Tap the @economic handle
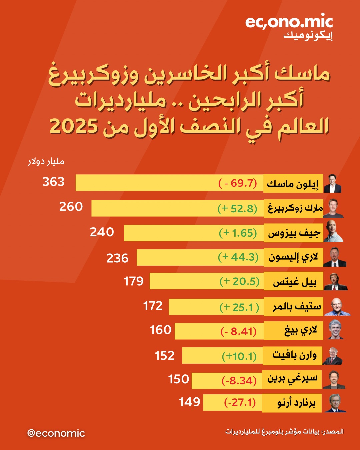click(x=56, y=433)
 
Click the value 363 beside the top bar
click(x=53, y=182)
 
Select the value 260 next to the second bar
click(x=71, y=207)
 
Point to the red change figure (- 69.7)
click(x=238, y=183)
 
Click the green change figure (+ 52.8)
click(x=237, y=209)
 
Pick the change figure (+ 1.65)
click(x=238, y=233)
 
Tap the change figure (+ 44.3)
click(x=238, y=257)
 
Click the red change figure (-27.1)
click(x=240, y=402)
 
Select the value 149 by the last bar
click(x=189, y=402)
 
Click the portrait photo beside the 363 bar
click(x=333, y=183)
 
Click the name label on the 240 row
click(x=294, y=233)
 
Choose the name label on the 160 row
click(x=300, y=330)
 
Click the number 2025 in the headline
click(x=74, y=127)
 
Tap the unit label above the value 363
click(x=46, y=162)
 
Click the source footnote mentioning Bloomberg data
click(x=284, y=432)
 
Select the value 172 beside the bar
click(x=153, y=306)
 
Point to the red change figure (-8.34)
click(x=239, y=380)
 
